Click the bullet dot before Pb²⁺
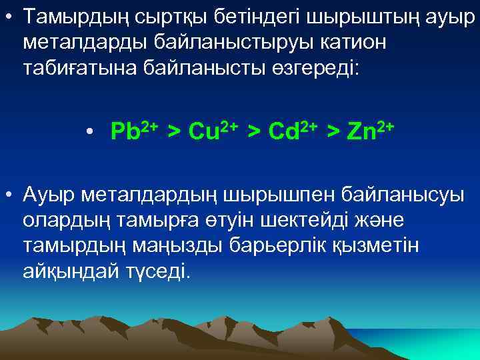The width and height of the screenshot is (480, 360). (x=89, y=131)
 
